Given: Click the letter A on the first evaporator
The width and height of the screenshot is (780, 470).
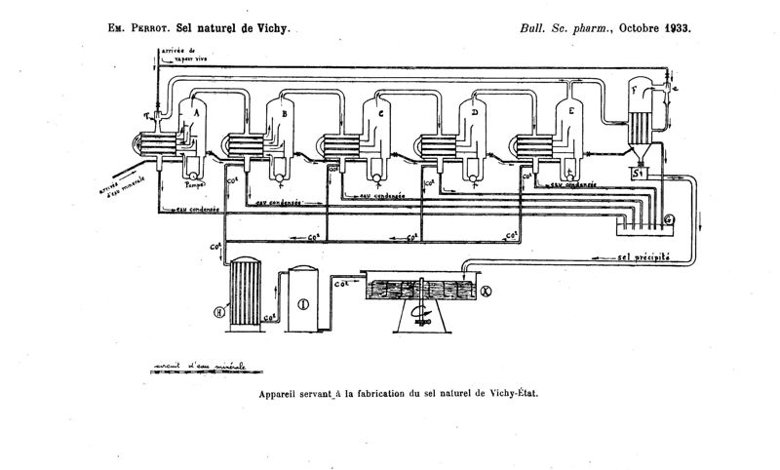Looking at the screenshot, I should coord(197,113).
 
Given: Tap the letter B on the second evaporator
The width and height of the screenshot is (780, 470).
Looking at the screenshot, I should coord(283,113).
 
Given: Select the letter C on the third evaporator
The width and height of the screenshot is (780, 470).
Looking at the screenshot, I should coord(378,113).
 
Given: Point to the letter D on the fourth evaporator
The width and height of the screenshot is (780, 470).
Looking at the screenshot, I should coord(474,113).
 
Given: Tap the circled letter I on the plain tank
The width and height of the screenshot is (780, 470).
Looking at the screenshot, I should coord(303,303).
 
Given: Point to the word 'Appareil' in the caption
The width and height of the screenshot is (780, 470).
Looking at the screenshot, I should coord(284,396).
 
